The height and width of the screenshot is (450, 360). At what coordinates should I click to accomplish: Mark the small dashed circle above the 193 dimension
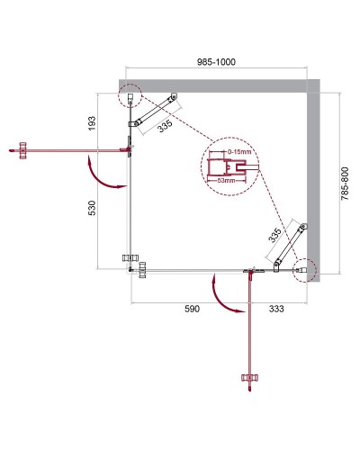(x=131, y=95)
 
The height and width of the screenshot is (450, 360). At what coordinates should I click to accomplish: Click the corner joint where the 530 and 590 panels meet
(x=131, y=266)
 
